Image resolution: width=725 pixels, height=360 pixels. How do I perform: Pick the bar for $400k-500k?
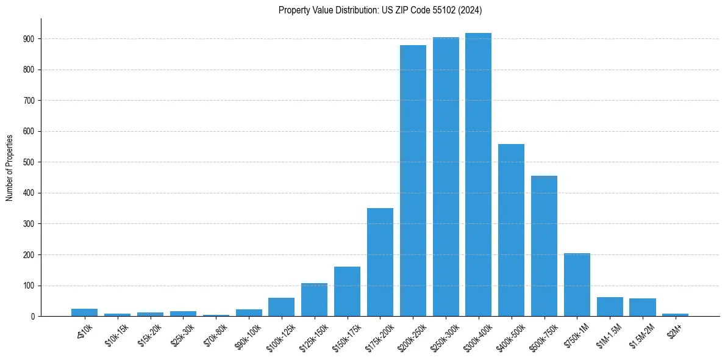tap(511, 230)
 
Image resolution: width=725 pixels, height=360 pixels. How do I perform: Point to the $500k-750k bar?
tap(544, 246)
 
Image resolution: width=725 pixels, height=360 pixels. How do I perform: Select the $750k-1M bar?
tap(577, 285)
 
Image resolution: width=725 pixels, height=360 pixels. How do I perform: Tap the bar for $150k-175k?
tap(347, 292)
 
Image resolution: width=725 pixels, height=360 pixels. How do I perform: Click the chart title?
tap(380, 10)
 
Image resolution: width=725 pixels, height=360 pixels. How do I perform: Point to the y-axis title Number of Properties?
tap(9, 167)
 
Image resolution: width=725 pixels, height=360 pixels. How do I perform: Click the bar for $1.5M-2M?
tap(643, 308)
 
